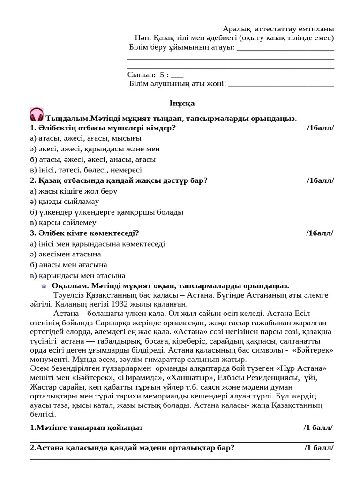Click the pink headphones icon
37,114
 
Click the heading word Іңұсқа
182,103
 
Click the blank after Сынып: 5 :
177,75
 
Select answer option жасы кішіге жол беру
73,191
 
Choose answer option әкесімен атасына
65,255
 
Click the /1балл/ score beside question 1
321,127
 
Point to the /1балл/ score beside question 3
320,233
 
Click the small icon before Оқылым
44,286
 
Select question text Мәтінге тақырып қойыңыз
86,427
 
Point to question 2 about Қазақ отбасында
119,180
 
